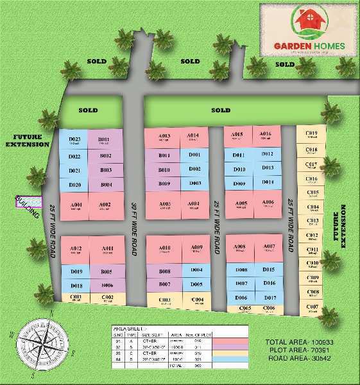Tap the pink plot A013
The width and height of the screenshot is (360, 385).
click(x=164, y=137)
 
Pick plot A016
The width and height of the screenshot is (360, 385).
click(x=265, y=135)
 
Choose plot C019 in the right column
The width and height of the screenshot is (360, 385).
click(x=312, y=135)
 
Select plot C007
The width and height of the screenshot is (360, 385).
click(x=313, y=308)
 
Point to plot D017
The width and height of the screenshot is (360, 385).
click(x=270, y=298)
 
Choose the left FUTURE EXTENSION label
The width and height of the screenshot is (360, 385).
click(x=28, y=141)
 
